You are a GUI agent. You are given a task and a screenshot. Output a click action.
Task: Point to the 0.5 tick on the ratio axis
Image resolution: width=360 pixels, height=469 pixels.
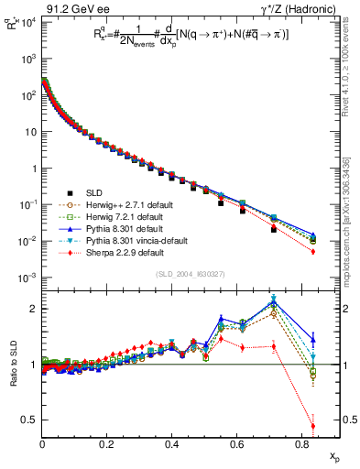point(31,420)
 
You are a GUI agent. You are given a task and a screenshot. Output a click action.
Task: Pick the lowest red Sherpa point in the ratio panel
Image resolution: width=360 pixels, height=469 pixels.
point(313,426)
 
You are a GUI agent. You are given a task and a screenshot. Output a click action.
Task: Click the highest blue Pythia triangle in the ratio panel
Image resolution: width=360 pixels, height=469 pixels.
point(274,302)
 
